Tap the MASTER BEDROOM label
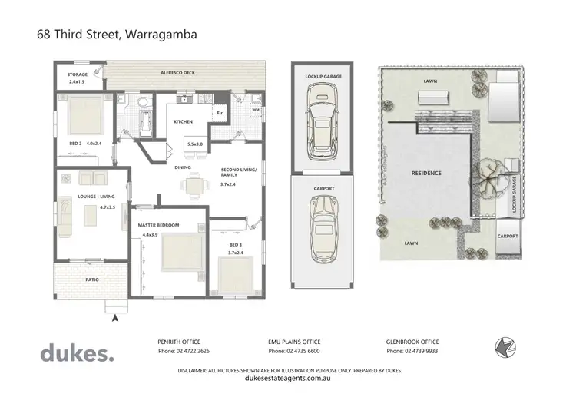tap(158, 225)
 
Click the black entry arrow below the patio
tap(115, 316)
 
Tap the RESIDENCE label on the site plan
tap(427, 173)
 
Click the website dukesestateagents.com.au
tap(287, 378)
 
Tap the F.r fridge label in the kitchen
tap(220, 114)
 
